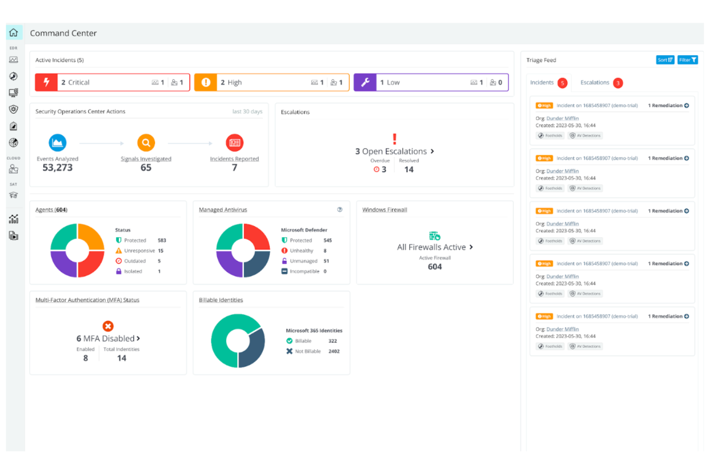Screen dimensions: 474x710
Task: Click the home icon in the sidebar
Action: [x=13, y=33]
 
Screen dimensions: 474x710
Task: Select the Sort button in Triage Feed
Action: [x=665, y=60]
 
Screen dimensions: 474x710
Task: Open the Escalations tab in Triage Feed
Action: [x=595, y=83]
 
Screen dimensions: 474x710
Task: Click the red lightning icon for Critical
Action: [x=47, y=82]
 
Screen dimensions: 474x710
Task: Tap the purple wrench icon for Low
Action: [x=365, y=82]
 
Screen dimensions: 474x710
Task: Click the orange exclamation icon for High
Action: [x=206, y=82]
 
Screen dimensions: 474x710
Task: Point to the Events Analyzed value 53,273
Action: [x=58, y=168]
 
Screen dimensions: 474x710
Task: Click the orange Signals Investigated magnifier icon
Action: [x=146, y=143]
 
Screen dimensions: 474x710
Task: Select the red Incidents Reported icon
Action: [x=235, y=143]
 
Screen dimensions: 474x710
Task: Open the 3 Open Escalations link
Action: [x=394, y=151]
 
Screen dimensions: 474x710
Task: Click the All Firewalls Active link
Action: [x=435, y=247]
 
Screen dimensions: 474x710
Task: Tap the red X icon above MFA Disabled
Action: [x=108, y=326]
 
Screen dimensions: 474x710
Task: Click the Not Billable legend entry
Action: [x=308, y=352]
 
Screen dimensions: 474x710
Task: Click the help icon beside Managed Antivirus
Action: [x=340, y=209]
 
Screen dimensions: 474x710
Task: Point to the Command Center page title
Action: [x=63, y=33]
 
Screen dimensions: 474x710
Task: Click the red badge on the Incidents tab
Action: [x=563, y=83]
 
